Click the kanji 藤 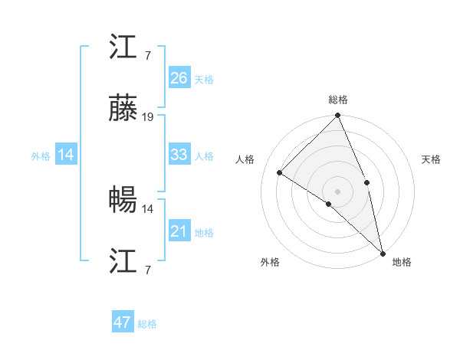pyautogui.click(x=123, y=112)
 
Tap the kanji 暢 pyautogui.click(x=123, y=201)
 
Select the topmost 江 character pyautogui.click(x=123, y=49)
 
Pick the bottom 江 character pyautogui.click(x=123, y=262)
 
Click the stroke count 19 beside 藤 pyautogui.click(x=148, y=117)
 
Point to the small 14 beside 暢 pyautogui.click(x=148, y=208)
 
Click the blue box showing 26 pyautogui.click(x=179, y=78)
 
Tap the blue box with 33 pyautogui.click(x=179, y=155)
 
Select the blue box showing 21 pyautogui.click(x=179, y=231)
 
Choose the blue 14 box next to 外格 pyautogui.click(x=66, y=155)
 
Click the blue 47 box pyautogui.click(x=123, y=322)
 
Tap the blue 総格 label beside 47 pyautogui.click(x=148, y=324)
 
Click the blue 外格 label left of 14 pyautogui.click(x=41, y=156)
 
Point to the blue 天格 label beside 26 pyautogui.click(x=204, y=80)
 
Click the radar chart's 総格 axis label pyautogui.click(x=338, y=100)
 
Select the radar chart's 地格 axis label pyautogui.click(x=402, y=262)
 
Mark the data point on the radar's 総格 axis pyautogui.click(x=338, y=116)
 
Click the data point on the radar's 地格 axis pyautogui.click(x=383, y=252)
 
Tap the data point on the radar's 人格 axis pyautogui.click(x=280, y=172)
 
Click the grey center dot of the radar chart pyautogui.click(x=338, y=191)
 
